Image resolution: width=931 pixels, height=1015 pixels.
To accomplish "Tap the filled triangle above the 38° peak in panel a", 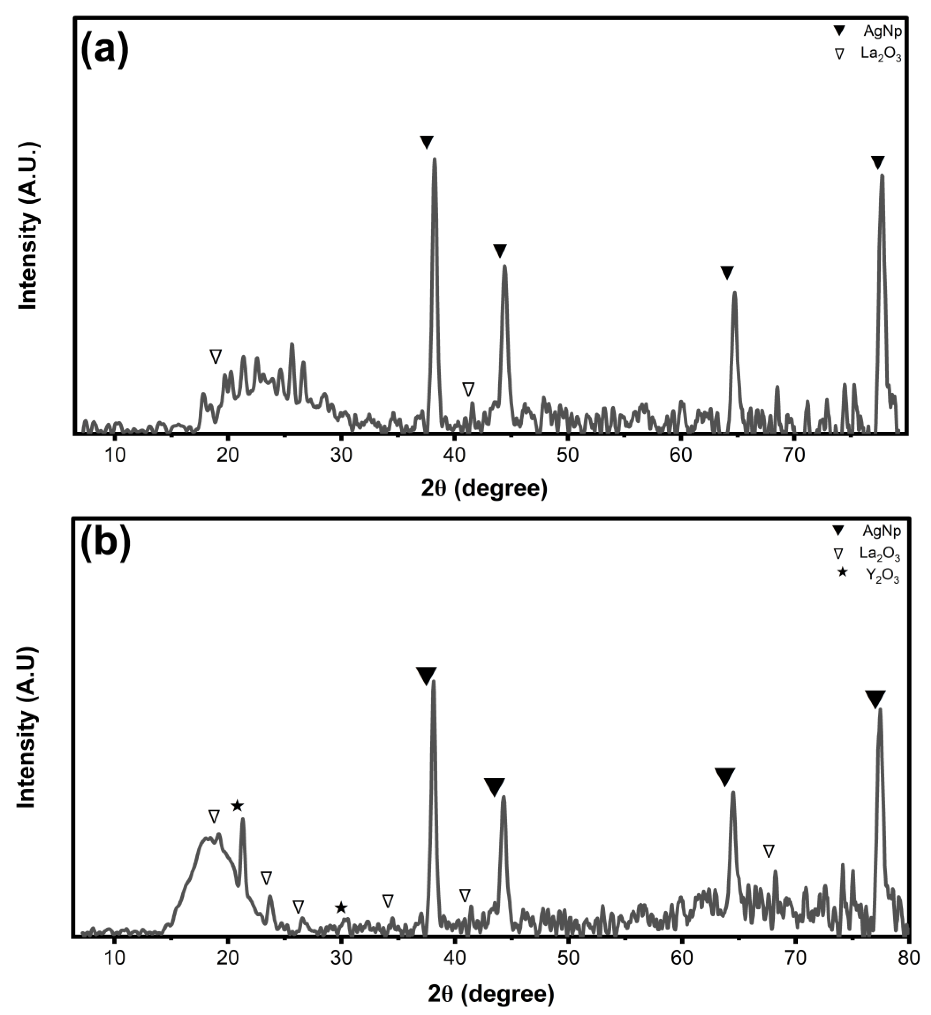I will (x=427, y=142).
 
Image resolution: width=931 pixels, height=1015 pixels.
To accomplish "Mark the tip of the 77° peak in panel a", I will (x=882, y=176).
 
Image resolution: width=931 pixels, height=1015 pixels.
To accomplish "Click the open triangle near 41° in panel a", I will (x=469, y=389).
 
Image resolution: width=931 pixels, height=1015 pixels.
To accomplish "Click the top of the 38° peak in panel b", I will (x=433, y=682).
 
